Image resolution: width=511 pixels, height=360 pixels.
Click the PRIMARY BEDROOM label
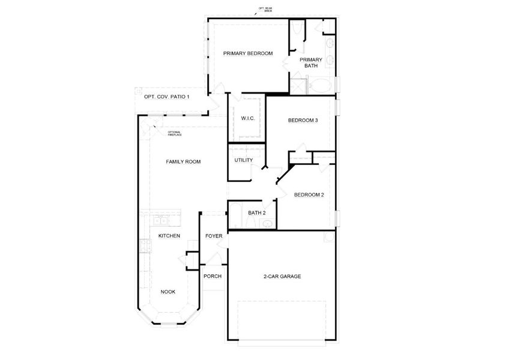248,53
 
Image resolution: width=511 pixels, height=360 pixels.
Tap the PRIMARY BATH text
311,62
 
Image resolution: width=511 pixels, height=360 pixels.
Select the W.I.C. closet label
248,118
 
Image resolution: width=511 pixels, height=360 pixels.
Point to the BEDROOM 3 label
303,120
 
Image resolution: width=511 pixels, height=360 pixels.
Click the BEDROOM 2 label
309,194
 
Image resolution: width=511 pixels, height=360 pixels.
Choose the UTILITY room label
243,160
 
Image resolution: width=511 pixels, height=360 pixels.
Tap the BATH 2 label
256,212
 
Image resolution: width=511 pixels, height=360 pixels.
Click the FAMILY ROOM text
183,161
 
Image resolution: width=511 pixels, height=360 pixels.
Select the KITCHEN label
169,236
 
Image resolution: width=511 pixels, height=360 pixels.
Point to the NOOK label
168,292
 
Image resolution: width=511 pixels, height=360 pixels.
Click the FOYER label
214,236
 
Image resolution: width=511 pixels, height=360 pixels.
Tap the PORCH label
213,276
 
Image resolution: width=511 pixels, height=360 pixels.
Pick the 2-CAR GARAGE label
282,276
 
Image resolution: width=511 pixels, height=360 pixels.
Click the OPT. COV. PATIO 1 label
166,97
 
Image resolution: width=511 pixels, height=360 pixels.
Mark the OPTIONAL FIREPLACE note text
174,134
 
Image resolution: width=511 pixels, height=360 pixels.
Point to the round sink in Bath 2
268,224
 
